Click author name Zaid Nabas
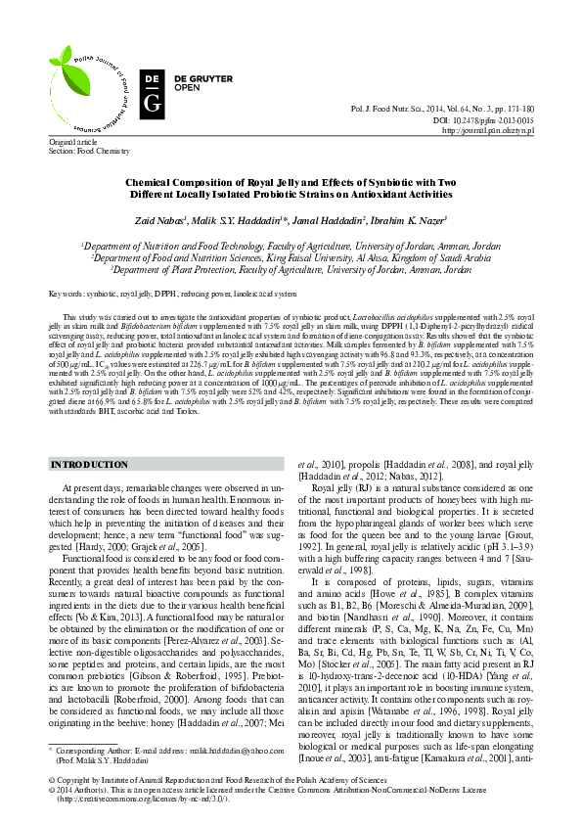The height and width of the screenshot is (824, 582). (160, 221)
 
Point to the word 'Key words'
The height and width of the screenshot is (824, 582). (67, 294)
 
